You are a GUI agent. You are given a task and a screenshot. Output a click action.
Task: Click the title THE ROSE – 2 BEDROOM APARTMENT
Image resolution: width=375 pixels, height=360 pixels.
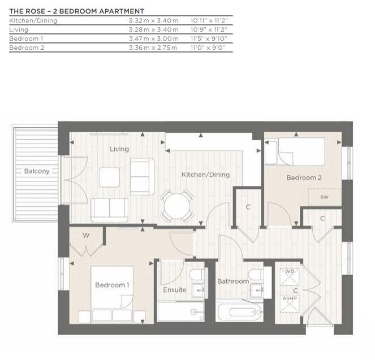76,11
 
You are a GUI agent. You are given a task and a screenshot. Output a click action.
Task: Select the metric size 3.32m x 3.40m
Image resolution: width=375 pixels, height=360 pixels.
153,20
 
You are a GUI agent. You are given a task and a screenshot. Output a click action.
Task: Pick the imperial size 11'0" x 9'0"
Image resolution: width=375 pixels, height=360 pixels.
209,47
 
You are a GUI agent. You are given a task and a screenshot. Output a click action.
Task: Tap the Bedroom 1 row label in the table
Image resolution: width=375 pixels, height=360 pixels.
27,38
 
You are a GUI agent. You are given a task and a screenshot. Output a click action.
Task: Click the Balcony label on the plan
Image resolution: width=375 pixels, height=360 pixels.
37,171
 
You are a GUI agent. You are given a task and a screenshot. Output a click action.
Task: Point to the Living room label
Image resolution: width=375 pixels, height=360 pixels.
119,149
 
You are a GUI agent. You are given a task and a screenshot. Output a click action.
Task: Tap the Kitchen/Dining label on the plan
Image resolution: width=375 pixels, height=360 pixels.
205,175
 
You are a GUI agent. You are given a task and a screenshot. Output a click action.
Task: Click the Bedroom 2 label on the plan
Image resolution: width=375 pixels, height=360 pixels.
304,177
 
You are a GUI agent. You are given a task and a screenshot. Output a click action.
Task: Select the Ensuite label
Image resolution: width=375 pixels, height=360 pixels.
174,290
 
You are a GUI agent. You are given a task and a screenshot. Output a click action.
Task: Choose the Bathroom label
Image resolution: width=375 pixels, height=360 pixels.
232,281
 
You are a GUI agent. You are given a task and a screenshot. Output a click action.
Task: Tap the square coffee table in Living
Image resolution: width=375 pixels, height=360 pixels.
110,177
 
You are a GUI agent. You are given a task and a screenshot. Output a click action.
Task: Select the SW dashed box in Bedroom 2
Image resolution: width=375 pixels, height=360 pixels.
324,197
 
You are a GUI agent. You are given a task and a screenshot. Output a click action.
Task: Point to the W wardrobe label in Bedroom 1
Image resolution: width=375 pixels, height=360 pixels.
86,235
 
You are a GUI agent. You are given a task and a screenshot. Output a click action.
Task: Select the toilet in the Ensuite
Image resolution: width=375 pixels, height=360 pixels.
197,276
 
